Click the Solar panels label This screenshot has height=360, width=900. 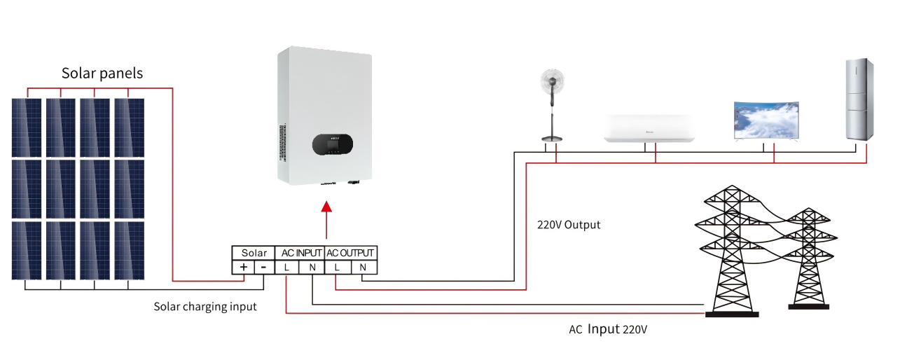[x=102, y=74]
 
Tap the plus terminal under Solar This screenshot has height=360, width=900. [x=244, y=267]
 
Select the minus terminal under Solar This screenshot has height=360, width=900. [x=263, y=267]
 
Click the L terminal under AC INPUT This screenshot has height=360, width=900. [x=287, y=267]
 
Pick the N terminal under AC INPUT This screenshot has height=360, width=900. [x=312, y=267]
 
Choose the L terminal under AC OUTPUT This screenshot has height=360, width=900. [x=337, y=267]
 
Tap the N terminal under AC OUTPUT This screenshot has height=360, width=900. [x=363, y=267]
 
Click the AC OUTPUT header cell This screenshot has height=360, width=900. [x=351, y=253]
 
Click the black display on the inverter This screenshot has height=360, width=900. [x=332, y=144]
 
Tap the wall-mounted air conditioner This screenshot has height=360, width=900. [x=649, y=130]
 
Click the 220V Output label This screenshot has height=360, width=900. [x=569, y=226]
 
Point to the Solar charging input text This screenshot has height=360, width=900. [x=205, y=307]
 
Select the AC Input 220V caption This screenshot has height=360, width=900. [x=607, y=328]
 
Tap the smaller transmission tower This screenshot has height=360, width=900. [x=809, y=259]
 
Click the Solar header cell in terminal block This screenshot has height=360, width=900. [x=254, y=253]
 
